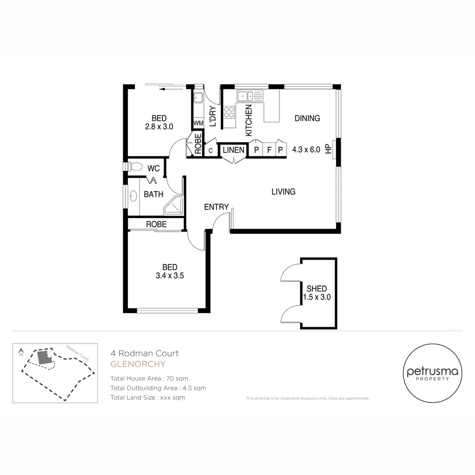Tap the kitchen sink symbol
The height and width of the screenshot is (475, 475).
point(249,96)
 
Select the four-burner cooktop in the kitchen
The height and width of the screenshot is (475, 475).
point(229,112)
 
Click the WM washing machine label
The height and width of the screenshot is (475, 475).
point(198,124)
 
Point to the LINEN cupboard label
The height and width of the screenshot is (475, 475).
point(233,150)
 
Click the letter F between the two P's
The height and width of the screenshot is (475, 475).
point(269,150)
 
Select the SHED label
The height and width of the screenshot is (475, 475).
point(317,289)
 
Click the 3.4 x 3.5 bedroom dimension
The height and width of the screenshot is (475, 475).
point(170,276)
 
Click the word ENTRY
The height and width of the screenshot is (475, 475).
point(216,207)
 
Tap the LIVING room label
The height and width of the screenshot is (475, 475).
point(283,192)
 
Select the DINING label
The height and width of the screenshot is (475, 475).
point(307,118)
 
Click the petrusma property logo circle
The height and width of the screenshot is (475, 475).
point(432,373)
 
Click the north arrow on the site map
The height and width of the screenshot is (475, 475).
point(21,352)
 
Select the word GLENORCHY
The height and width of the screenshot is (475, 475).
point(138,364)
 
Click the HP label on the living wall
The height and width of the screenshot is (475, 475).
point(328,149)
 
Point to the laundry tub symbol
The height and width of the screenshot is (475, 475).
point(198,98)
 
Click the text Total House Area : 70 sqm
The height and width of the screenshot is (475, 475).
point(149,378)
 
